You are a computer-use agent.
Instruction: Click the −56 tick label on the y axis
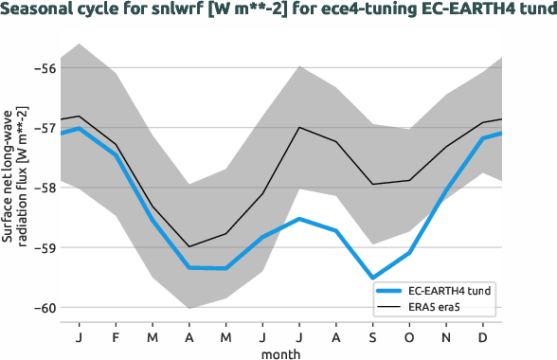tap(44, 68)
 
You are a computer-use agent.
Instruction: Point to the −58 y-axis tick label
tap(44, 188)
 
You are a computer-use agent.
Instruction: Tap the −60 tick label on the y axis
tap(44, 307)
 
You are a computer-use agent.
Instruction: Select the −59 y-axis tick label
tap(44, 247)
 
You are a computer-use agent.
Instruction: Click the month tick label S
tap(372, 336)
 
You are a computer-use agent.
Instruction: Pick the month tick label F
tap(116, 336)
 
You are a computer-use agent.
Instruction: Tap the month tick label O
tap(410, 336)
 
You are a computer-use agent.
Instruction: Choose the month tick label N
tap(447, 336)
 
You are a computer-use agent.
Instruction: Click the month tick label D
tap(484, 336)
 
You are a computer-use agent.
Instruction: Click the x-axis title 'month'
tap(283, 352)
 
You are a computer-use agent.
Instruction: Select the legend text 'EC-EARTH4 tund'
tap(450, 290)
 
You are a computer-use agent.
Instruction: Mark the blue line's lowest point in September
tap(372, 278)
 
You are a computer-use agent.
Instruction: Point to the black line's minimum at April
tap(189, 246)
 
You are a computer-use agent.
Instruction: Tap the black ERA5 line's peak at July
tap(299, 127)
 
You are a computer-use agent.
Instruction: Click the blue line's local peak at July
tap(299, 219)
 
